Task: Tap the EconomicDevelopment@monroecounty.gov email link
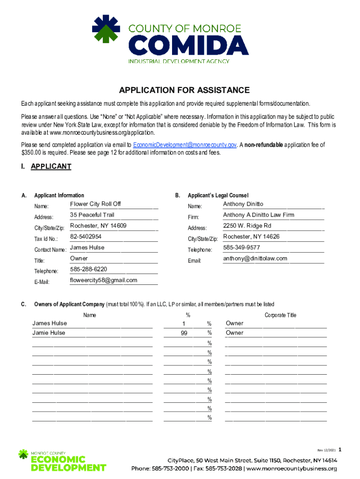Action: coord(185,145)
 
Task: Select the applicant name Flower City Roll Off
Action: coord(95,204)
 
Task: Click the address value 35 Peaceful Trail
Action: coord(92,215)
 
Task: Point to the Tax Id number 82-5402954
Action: coord(86,237)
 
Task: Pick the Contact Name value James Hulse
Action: coord(87,247)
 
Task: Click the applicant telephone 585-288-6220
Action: coord(88,269)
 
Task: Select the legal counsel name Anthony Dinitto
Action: coord(243,204)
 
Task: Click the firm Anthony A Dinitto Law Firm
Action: coord(259,215)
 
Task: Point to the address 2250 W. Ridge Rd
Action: coord(247,226)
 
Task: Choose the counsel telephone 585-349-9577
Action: coord(242,247)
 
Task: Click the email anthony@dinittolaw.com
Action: coord(255,258)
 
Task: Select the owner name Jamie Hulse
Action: coord(49,333)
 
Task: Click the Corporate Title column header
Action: coord(281,315)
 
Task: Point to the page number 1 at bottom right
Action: coord(340,450)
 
